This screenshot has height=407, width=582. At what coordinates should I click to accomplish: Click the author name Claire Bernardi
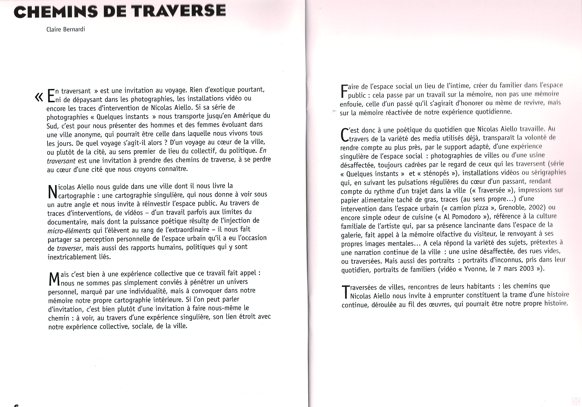coord(66,29)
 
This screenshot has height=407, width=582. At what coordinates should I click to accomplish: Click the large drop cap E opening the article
coord(51,96)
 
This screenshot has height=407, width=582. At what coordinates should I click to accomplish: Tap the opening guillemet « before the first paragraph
coord(39,97)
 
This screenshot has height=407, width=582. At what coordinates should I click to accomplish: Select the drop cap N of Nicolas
coord(52,192)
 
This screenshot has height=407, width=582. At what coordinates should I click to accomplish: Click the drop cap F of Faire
coord(344,91)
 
